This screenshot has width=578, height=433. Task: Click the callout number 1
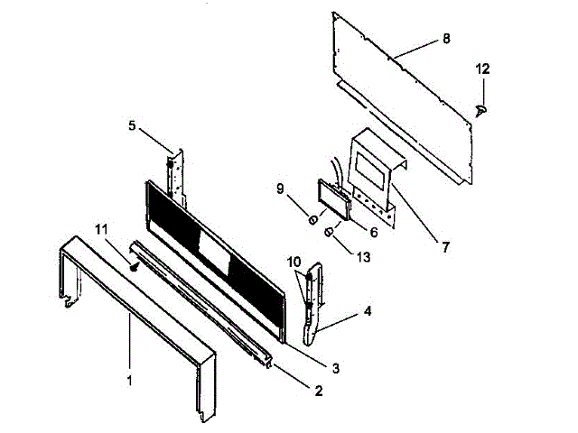130,381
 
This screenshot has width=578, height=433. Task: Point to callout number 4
368,313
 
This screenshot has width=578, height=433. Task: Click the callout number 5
132,126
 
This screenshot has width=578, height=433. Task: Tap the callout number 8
446,40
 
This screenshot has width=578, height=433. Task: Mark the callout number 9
280,189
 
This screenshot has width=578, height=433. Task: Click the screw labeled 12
481,109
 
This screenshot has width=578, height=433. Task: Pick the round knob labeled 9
311,219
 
